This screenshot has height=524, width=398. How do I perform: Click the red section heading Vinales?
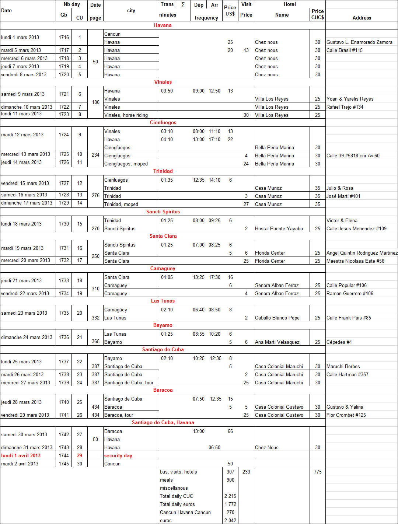tap(163, 82)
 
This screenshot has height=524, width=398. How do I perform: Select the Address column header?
tap(362, 18)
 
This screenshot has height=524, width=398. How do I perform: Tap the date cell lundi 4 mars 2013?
tap(20, 37)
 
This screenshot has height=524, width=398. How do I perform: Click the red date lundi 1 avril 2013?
tap(21, 455)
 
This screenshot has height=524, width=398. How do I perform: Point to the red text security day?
tap(118, 455)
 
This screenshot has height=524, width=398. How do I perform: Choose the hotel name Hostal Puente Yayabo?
tap(279, 228)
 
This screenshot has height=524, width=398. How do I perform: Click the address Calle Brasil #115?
tap(344, 50)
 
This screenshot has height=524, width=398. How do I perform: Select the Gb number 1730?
tap(64, 224)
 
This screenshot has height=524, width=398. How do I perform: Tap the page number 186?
tap(95, 102)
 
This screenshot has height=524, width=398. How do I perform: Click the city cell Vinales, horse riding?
tap(126, 115)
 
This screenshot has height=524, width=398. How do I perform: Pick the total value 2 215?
tap(230, 496)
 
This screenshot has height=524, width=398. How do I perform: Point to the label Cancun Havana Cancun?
tap(185, 512)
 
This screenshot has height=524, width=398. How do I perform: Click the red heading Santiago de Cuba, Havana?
tap(163, 422)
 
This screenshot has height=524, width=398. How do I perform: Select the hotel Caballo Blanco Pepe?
tap(277, 318)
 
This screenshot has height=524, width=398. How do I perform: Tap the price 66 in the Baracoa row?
tap(230, 431)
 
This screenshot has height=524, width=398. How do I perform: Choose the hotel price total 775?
tap(318, 472)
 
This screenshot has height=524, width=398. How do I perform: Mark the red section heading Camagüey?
tap(163, 268)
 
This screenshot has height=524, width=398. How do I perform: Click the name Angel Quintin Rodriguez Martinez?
tap(362, 253)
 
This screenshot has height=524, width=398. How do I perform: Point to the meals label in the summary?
tap(166, 480)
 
